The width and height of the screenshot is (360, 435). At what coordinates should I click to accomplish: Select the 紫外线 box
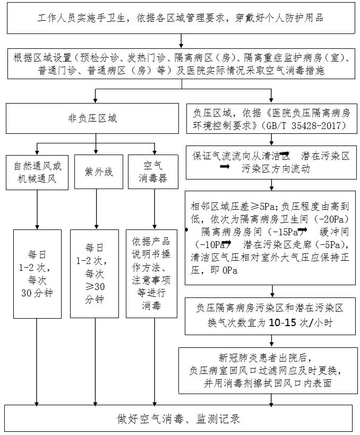tap(96, 171)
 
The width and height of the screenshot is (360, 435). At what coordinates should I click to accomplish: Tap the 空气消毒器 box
tap(155, 171)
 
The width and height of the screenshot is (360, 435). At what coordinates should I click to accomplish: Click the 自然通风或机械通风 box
tap(37, 171)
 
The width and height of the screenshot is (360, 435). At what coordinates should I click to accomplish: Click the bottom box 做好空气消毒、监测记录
tap(179, 419)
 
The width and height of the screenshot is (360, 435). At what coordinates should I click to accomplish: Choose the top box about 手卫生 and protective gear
tap(180, 17)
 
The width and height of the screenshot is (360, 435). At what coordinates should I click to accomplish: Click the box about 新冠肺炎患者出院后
tap(271, 371)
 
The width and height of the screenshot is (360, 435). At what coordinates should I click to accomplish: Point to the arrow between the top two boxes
tap(181, 40)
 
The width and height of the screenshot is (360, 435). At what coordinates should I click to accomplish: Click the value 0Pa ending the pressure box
tap(230, 270)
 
